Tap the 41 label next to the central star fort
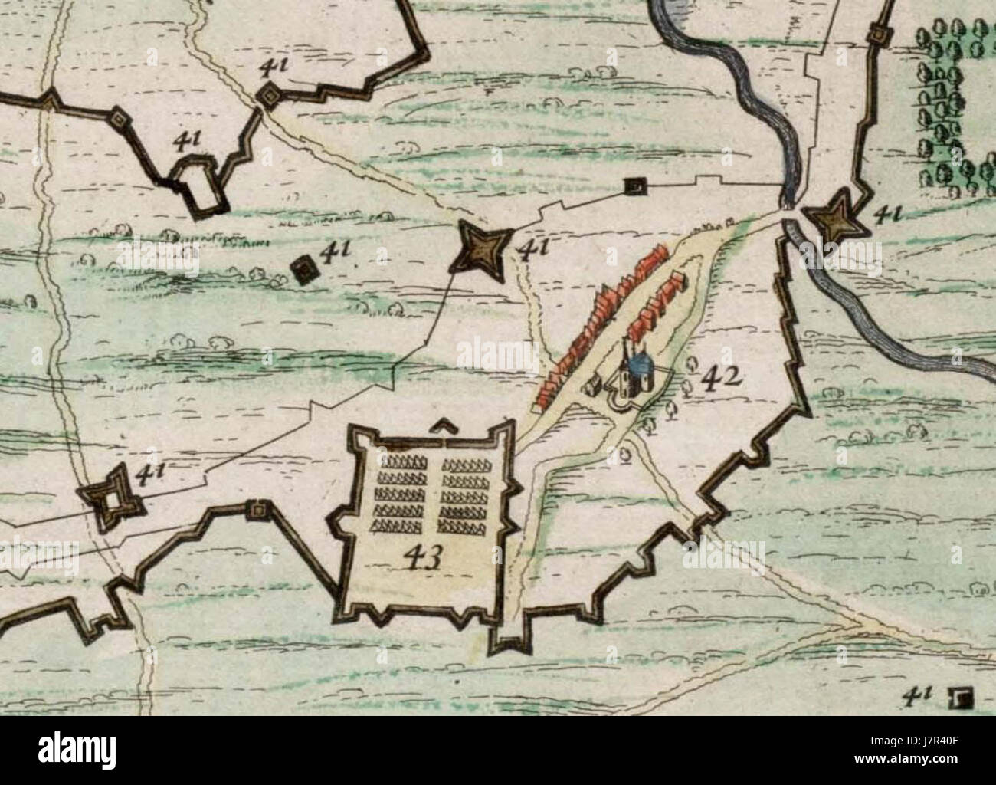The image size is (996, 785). (x=533, y=249)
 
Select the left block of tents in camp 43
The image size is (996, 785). (x=401, y=493)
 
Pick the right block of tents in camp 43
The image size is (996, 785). (x=467, y=493)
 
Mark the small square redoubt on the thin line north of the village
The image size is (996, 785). (x=634, y=185)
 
